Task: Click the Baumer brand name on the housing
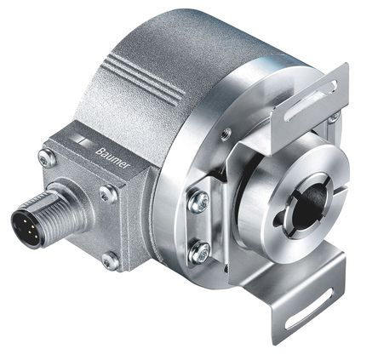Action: click(x=113, y=158)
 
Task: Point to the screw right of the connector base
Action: click(x=107, y=195)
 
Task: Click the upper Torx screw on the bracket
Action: click(x=198, y=202)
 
